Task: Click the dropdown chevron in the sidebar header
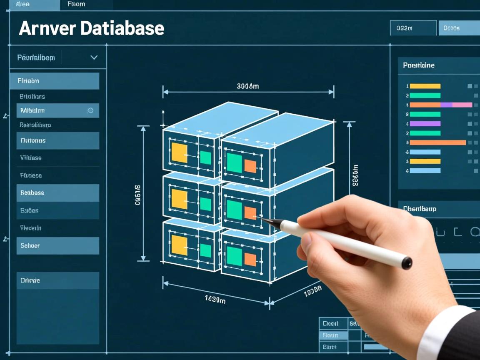click(94, 57)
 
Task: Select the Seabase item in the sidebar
click(57, 193)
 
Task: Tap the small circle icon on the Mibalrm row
click(90, 110)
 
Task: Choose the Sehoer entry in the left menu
click(57, 246)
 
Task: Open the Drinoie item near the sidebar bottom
click(57, 280)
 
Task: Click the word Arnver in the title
click(47, 28)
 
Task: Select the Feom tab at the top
click(76, 4)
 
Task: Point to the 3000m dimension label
click(247, 86)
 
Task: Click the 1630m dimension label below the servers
click(215, 299)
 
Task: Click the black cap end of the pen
click(406, 263)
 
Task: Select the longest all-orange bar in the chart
click(437, 142)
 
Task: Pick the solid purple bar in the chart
click(425, 124)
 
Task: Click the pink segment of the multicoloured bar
click(462, 105)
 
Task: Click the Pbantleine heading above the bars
click(418, 65)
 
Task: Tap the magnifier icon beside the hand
click(475, 232)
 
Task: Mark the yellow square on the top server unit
click(179, 153)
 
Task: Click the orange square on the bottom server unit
click(250, 260)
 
